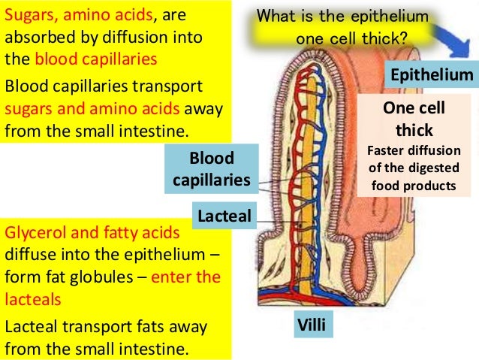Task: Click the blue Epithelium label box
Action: tap(430, 75)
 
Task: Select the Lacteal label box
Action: tap(224, 216)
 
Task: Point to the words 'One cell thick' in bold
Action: tap(414, 119)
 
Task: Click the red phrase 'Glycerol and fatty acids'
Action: tap(92, 232)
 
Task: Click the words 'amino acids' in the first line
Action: tap(104, 15)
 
